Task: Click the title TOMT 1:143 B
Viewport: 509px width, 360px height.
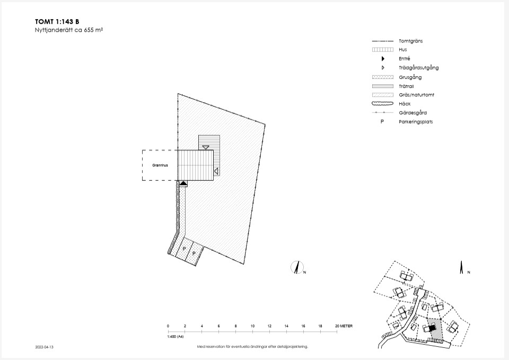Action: [x=57, y=22]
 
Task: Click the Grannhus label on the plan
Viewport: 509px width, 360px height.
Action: [x=160, y=165]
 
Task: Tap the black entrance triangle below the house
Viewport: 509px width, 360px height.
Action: [x=183, y=183]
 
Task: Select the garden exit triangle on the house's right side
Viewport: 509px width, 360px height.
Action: [x=216, y=171]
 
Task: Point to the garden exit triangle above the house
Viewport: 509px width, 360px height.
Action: [x=206, y=147]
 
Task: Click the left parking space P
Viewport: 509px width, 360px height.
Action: [x=184, y=249]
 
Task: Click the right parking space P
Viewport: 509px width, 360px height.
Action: [x=194, y=253]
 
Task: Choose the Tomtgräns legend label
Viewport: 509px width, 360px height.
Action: [x=410, y=41]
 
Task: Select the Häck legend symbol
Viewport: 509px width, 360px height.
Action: [x=382, y=103]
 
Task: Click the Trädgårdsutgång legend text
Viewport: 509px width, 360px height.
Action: [x=419, y=68]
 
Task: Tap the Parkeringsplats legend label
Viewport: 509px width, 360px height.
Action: [x=416, y=122]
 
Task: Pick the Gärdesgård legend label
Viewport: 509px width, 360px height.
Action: [x=413, y=113]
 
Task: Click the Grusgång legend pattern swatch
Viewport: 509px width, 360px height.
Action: [x=382, y=77]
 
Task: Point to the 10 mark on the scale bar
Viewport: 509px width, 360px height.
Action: [x=252, y=326]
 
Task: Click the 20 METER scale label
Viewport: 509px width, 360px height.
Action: [x=344, y=326]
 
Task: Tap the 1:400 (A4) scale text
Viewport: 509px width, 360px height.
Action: [x=175, y=337]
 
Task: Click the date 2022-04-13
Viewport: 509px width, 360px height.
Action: [x=44, y=347]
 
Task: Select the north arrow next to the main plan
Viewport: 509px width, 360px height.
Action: [x=297, y=268]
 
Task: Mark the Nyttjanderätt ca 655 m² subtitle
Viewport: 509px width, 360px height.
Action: [x=69, y=30]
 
